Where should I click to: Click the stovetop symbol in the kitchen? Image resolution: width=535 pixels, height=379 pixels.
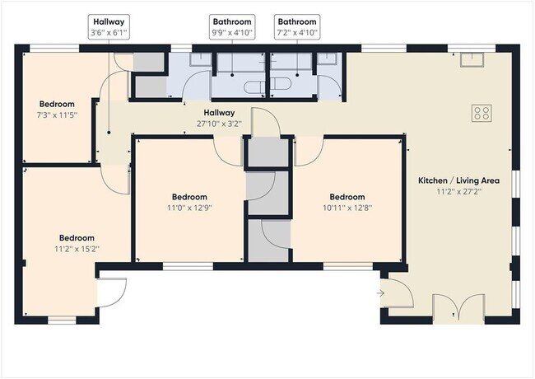(x=481, y=113)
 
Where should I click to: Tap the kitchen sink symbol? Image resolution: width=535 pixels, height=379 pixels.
(x=472, y=59)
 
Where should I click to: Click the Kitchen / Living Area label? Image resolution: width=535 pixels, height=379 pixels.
(x=459, y=180)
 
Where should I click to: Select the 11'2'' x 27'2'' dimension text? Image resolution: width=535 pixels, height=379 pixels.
(x=459, y=191)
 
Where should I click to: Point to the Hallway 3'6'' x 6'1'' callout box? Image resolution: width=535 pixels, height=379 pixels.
(x=109, y=27)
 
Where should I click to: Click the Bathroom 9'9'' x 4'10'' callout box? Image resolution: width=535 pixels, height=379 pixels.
(x=232, y=27)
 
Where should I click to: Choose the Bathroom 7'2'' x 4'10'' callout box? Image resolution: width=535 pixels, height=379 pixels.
(x=297, y=27)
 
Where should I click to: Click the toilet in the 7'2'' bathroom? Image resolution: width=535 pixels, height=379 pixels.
(x=281, y=84)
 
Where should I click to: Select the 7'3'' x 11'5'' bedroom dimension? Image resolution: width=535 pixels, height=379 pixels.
(x=57, y=115)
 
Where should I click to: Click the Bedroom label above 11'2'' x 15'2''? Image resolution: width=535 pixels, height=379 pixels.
(x=77, y=238)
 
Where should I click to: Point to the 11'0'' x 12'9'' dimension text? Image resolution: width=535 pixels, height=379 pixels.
(x=189, y=208)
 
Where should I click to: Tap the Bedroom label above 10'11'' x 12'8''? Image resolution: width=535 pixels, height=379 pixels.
(x=347, y=197)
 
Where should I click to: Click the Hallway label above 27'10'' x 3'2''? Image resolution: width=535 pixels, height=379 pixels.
(x=220, y=113)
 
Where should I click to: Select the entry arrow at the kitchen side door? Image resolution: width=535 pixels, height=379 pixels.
(x=381, y=293)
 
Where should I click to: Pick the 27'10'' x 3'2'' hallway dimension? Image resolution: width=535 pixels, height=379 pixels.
(x=220, y=124)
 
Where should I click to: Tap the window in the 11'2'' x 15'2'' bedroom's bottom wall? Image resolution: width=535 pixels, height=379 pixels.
(x=62, y=321)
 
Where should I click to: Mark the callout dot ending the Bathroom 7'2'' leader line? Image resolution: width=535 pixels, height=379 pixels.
(x=297, y=75)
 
